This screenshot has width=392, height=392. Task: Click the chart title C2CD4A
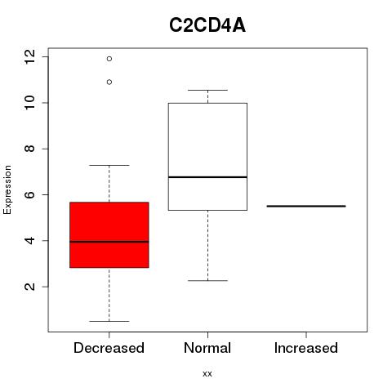click(207, 25)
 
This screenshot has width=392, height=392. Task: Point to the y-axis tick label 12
click(30, 57)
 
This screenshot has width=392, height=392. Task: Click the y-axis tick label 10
click(30, 103)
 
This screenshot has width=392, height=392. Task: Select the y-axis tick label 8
click(30, 149)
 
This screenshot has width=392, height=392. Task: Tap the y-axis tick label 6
click(30, 194)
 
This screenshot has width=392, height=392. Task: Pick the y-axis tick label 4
click(30, 241)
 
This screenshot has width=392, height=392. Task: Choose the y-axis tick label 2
click(30, 287)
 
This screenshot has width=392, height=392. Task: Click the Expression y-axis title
click(7, 189)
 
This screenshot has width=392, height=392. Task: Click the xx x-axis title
click(207, 374)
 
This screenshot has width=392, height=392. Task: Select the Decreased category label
click(109, 348)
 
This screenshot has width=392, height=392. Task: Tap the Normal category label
click(207, 348)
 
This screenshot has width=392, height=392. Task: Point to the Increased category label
click(306, 348)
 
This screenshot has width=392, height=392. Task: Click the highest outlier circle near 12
click(109, 59)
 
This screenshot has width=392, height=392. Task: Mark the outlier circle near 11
click(109, 82)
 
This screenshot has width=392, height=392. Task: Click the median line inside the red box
click(109, 242)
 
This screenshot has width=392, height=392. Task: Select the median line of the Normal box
click(207, 177)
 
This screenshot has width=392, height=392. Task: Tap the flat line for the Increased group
click(306, 206)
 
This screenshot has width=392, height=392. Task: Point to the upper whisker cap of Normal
click(207, 90)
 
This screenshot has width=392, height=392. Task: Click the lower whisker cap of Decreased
click(109, 321)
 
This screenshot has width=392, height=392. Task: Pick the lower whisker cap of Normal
click(207, 280)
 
